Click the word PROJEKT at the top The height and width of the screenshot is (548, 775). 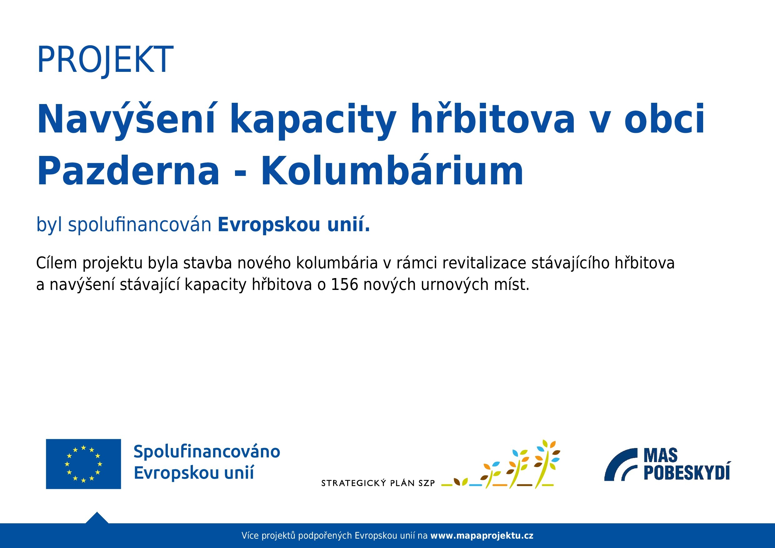pyautogui.click(x=105, y=60)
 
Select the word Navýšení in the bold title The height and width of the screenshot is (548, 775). pyautogui.click(x=126, y=120)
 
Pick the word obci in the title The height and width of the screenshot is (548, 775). pyautogui.click(x=665, y=118)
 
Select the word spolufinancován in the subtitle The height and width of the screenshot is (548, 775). pyautogui.click(x=140, y=225)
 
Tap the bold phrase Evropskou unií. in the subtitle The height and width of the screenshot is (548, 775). pyautogui.click(x=294, y=224)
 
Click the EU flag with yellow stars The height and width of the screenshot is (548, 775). pyautogui.click(x=83, y=464)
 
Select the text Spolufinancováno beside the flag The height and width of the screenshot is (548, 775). pyautogui.click(x=207, y=451)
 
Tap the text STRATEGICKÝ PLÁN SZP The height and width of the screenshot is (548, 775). pyautogui.click(x=378, y=483)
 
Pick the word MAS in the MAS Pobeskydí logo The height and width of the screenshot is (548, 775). pyautogui.click(x=661, y=455)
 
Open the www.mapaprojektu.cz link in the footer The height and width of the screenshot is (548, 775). pyautogui.click(x=482, y=536)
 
